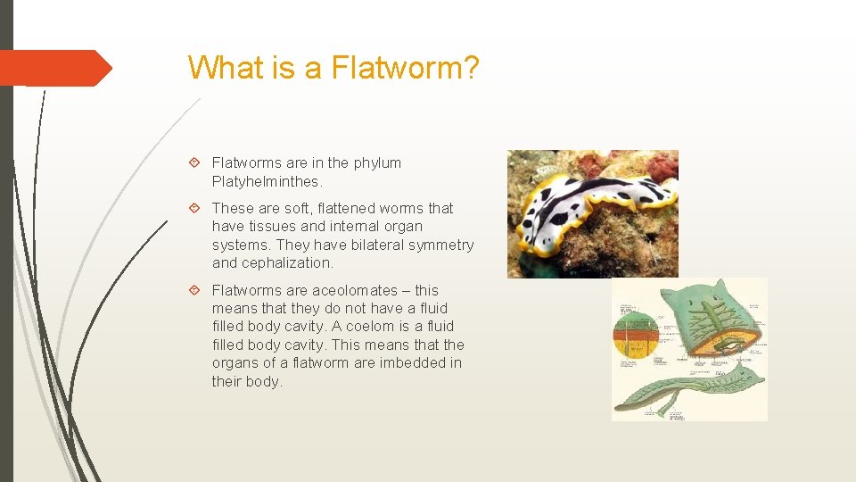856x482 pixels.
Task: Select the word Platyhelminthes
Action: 266,181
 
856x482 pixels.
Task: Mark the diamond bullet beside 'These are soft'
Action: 195,209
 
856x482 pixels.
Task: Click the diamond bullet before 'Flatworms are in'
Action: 195,163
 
